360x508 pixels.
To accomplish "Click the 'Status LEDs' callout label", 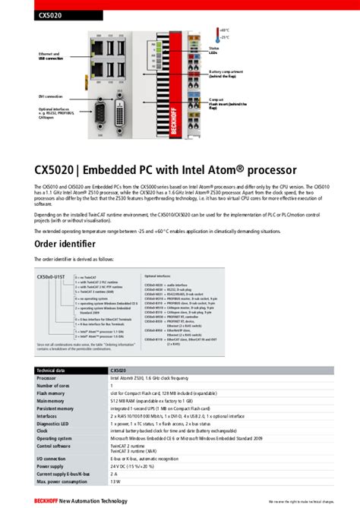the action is coord(215,51).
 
